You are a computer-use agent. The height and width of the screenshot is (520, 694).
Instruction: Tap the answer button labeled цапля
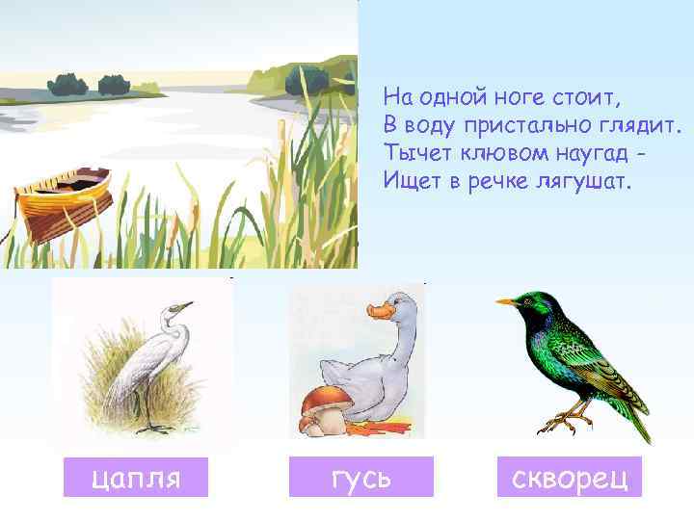(135, 477)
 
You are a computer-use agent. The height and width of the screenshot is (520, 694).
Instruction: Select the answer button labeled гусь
(361, 477)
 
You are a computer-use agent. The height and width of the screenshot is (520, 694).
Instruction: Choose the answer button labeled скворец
(569, 477)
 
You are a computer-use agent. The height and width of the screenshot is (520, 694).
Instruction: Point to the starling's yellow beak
(507, 302)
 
